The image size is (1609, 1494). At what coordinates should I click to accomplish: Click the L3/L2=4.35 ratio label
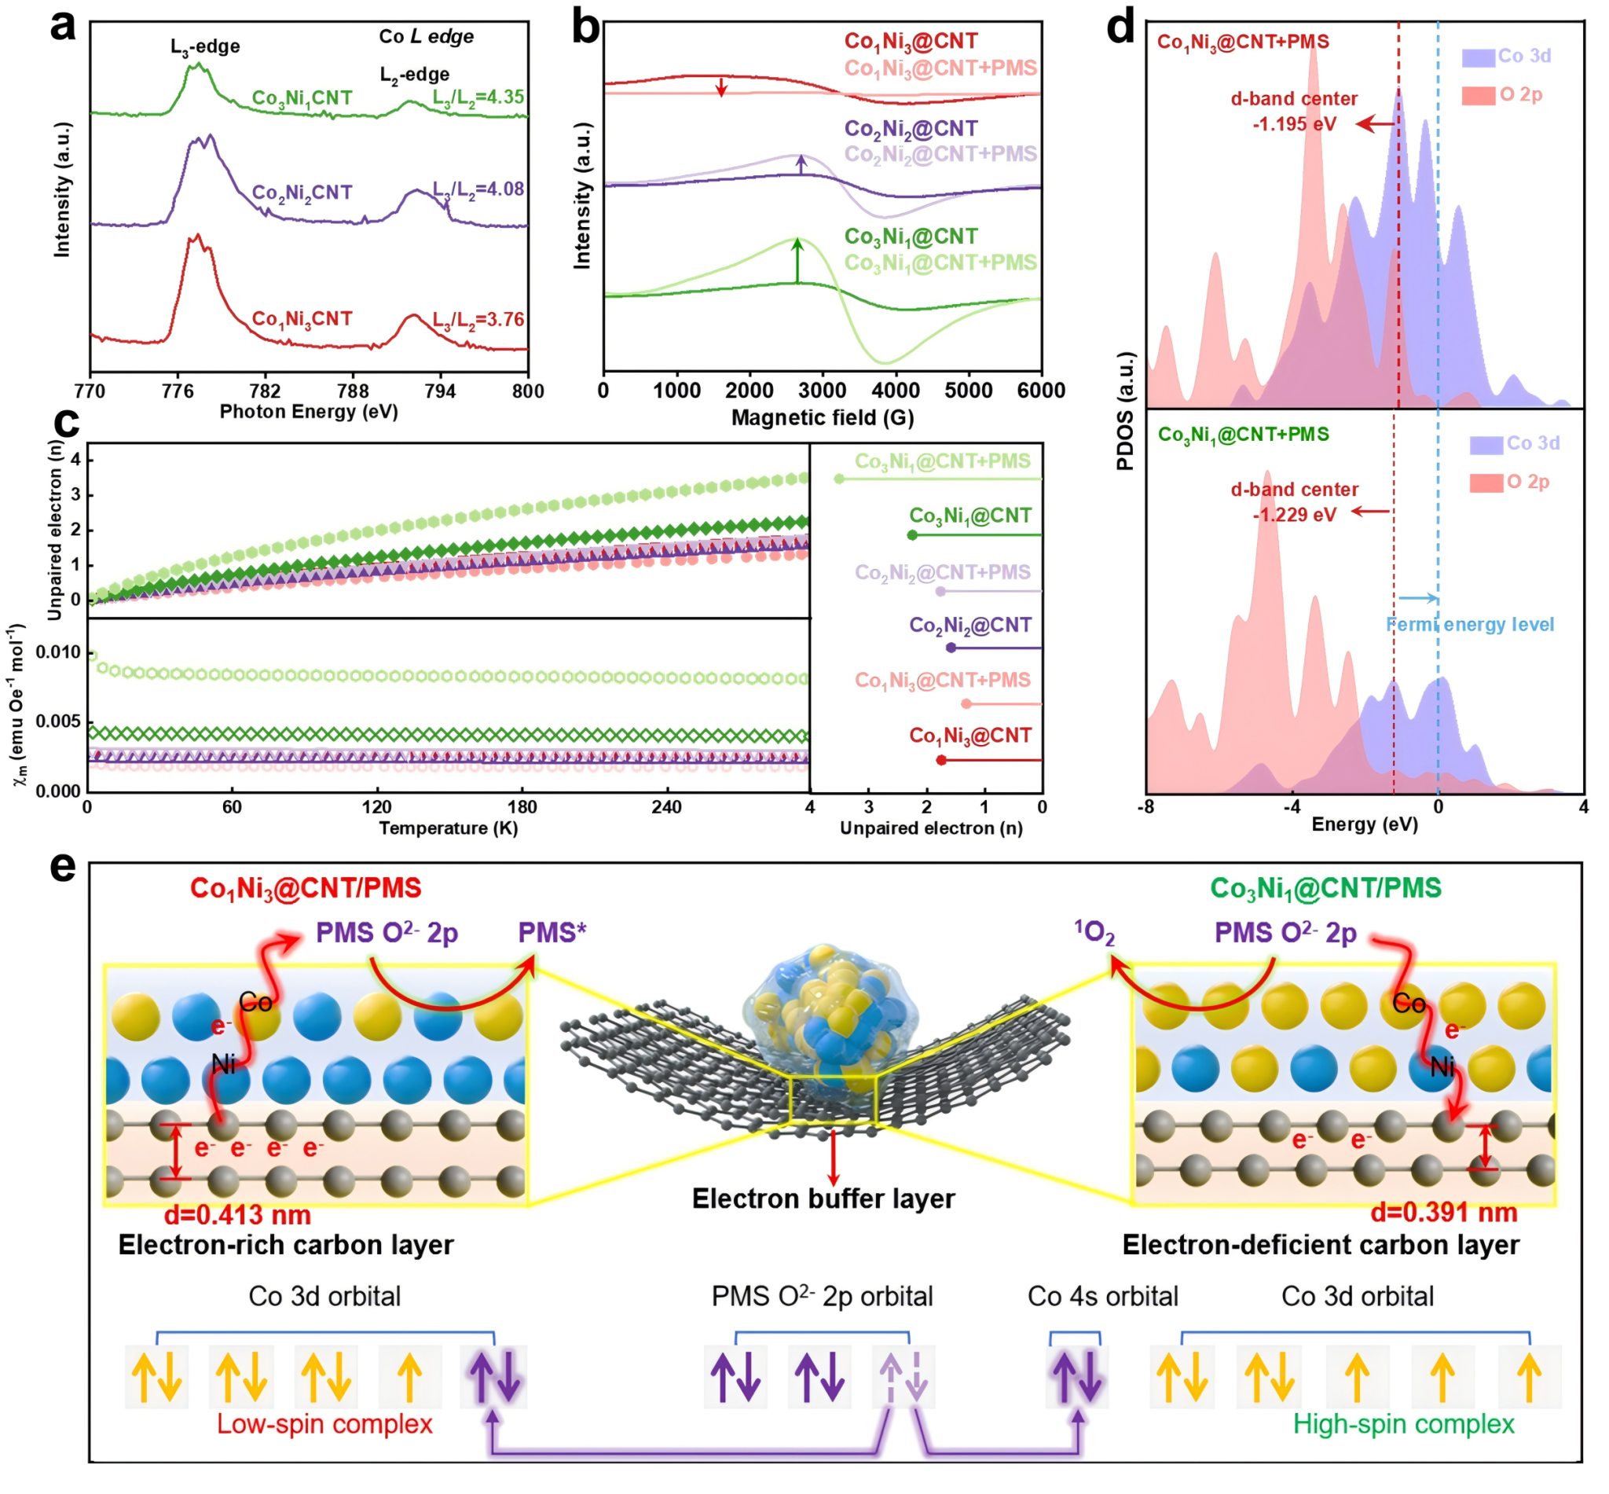click(x=478, y=97)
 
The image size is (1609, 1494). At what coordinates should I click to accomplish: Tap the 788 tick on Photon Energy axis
click(x=352, y=391)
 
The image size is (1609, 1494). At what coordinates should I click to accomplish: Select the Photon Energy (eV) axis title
click(x=309, y=412)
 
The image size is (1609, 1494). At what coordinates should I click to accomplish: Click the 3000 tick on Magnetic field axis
click(x=822, y=391)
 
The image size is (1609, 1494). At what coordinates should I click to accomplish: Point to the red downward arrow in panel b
click(x=721, y=85)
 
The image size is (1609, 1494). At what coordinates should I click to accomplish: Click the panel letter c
click(x=66, y=423)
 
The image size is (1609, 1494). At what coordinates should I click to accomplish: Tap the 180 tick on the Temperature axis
click(x=521, y=807)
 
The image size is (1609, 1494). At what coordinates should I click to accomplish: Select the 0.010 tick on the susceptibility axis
click(x=58, y=652)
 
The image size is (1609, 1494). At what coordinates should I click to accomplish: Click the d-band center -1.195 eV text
click(x=1293, y=111)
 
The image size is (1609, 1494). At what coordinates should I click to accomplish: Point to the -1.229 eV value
click(x=1294, y=515)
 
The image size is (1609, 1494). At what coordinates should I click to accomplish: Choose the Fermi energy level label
click(x=1469, y=624)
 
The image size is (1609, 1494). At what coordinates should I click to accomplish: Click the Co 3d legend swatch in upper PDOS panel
click(x=1477, y=57)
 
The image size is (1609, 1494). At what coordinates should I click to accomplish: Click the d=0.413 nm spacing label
click(x=237, y=1214)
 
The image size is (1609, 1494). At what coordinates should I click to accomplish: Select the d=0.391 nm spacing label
click(x=1443, y=1212)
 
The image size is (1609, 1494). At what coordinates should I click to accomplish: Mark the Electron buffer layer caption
click(x=823, y=1199)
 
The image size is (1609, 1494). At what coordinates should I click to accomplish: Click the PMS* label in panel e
click(x=552, y=932)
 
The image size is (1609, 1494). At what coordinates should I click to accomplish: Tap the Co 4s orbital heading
click(x=1102, y=1296)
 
